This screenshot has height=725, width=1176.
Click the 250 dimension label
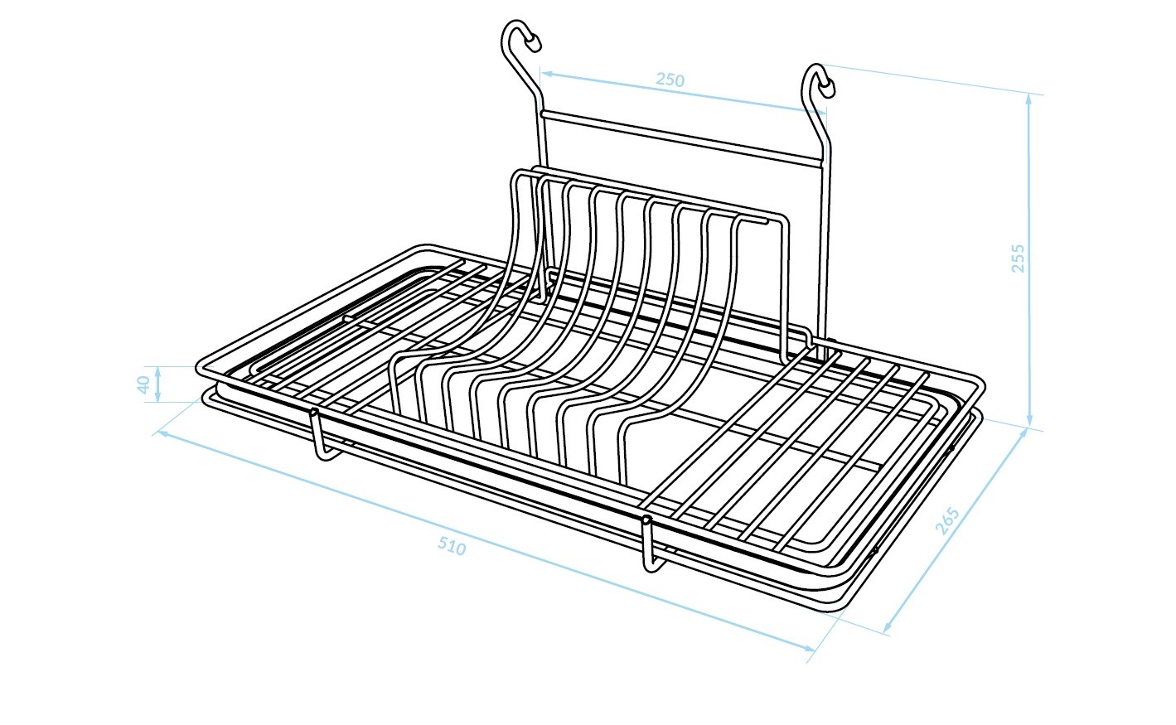click(x=670, y=80)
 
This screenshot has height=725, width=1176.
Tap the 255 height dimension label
click(x=1018, y=258)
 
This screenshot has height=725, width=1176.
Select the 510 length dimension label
click(x=452, y=547)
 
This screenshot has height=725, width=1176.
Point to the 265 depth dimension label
click(x=947, y=520)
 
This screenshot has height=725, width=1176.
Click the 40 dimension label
click(x=143, y=384)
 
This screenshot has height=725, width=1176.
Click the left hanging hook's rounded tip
click(x=535, y=43)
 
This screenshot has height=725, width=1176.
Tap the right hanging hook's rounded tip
click(x=829, y=88)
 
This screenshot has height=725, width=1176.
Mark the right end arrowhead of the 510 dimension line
click(x=809, y=649)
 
